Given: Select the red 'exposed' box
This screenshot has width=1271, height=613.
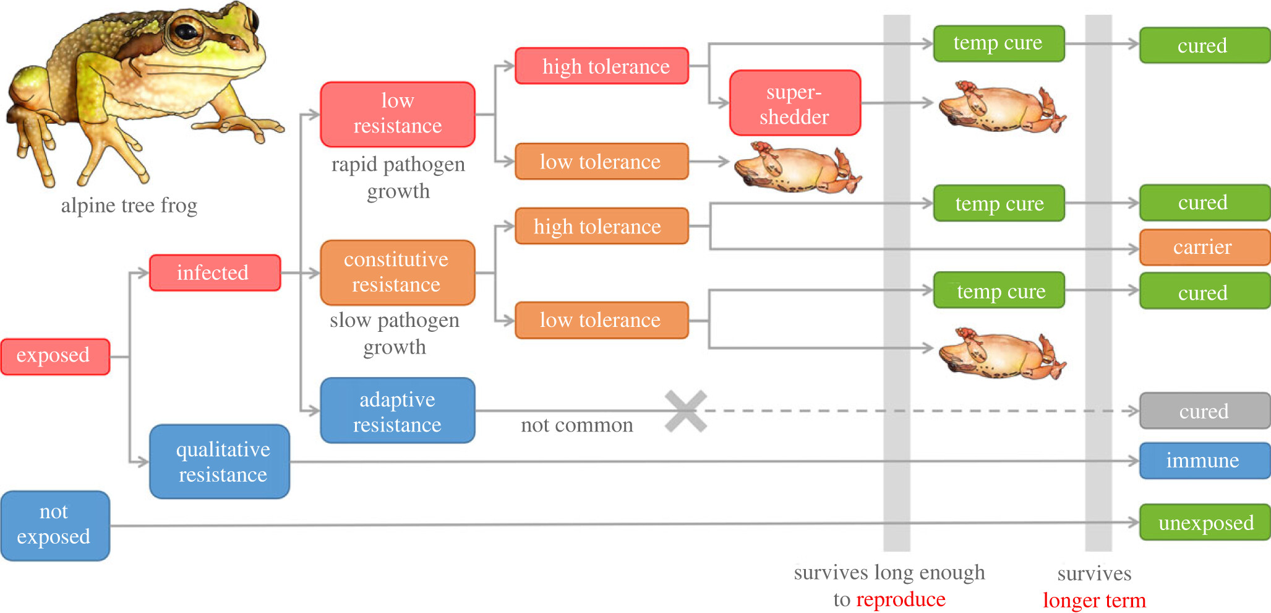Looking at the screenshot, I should point(55,356).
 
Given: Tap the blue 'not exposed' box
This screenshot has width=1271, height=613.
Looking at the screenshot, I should point(55,525).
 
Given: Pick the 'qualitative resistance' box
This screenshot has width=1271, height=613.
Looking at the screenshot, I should point(220,461).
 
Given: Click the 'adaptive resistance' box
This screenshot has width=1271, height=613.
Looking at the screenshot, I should point(398,411).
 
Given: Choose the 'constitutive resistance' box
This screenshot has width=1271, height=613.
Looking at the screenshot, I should point(398,272).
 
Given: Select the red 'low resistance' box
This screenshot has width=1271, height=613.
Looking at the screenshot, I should point(398,114).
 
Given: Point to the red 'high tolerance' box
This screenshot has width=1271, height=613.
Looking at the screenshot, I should point(602,66).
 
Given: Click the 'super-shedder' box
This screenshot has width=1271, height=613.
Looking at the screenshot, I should point(795,103).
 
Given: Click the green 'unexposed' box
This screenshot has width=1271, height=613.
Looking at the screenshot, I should point(1204,522).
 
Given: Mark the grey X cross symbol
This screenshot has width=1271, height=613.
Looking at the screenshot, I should point(686,411).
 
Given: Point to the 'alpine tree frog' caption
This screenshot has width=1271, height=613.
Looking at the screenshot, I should point(129,205).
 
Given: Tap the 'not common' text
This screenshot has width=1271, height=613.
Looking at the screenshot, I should point(576,425).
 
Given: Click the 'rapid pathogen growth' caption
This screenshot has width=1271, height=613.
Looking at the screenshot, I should point(398,177).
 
